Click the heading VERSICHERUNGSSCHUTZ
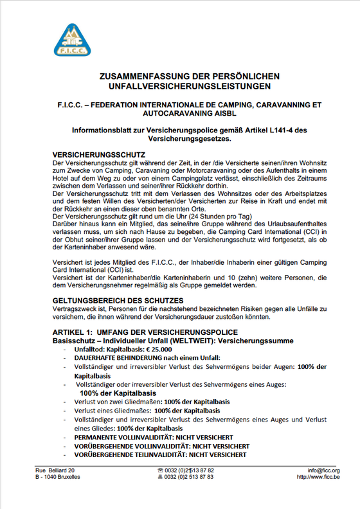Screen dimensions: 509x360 tap(98, 156)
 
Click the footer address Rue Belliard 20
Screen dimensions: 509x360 tap(59, 470)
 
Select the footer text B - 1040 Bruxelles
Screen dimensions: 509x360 tap(58, 477)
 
